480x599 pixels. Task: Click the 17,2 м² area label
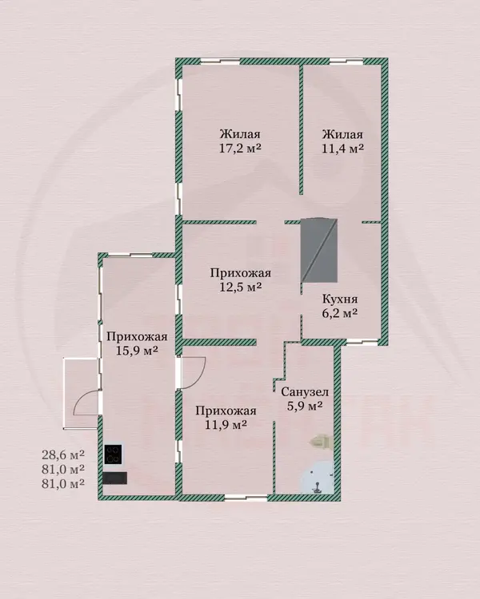coord(240,149)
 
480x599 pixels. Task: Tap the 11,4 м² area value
coord(342,149)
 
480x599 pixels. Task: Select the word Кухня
coord(340,299)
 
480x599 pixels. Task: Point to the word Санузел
coord(305,392)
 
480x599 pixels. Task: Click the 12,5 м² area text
coord(240,287)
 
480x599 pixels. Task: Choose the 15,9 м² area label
coord(137,351)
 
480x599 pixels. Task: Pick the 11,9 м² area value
coord(226,424)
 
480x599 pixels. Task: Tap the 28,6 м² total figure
coord(63,455)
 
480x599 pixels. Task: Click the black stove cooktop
coord(114,454)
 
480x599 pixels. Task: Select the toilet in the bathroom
coord(321,442)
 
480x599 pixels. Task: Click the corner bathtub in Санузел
coord(317,478)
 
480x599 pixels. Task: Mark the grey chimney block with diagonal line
coord(319,250)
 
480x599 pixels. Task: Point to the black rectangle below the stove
coord(115,478)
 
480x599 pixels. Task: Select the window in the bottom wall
coord(246,498)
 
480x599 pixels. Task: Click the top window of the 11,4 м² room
coord(346,61)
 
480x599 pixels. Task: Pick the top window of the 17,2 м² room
coord(220,61)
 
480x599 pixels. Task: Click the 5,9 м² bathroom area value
coord(305,406)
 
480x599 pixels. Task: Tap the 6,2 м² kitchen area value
coord(340,314)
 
